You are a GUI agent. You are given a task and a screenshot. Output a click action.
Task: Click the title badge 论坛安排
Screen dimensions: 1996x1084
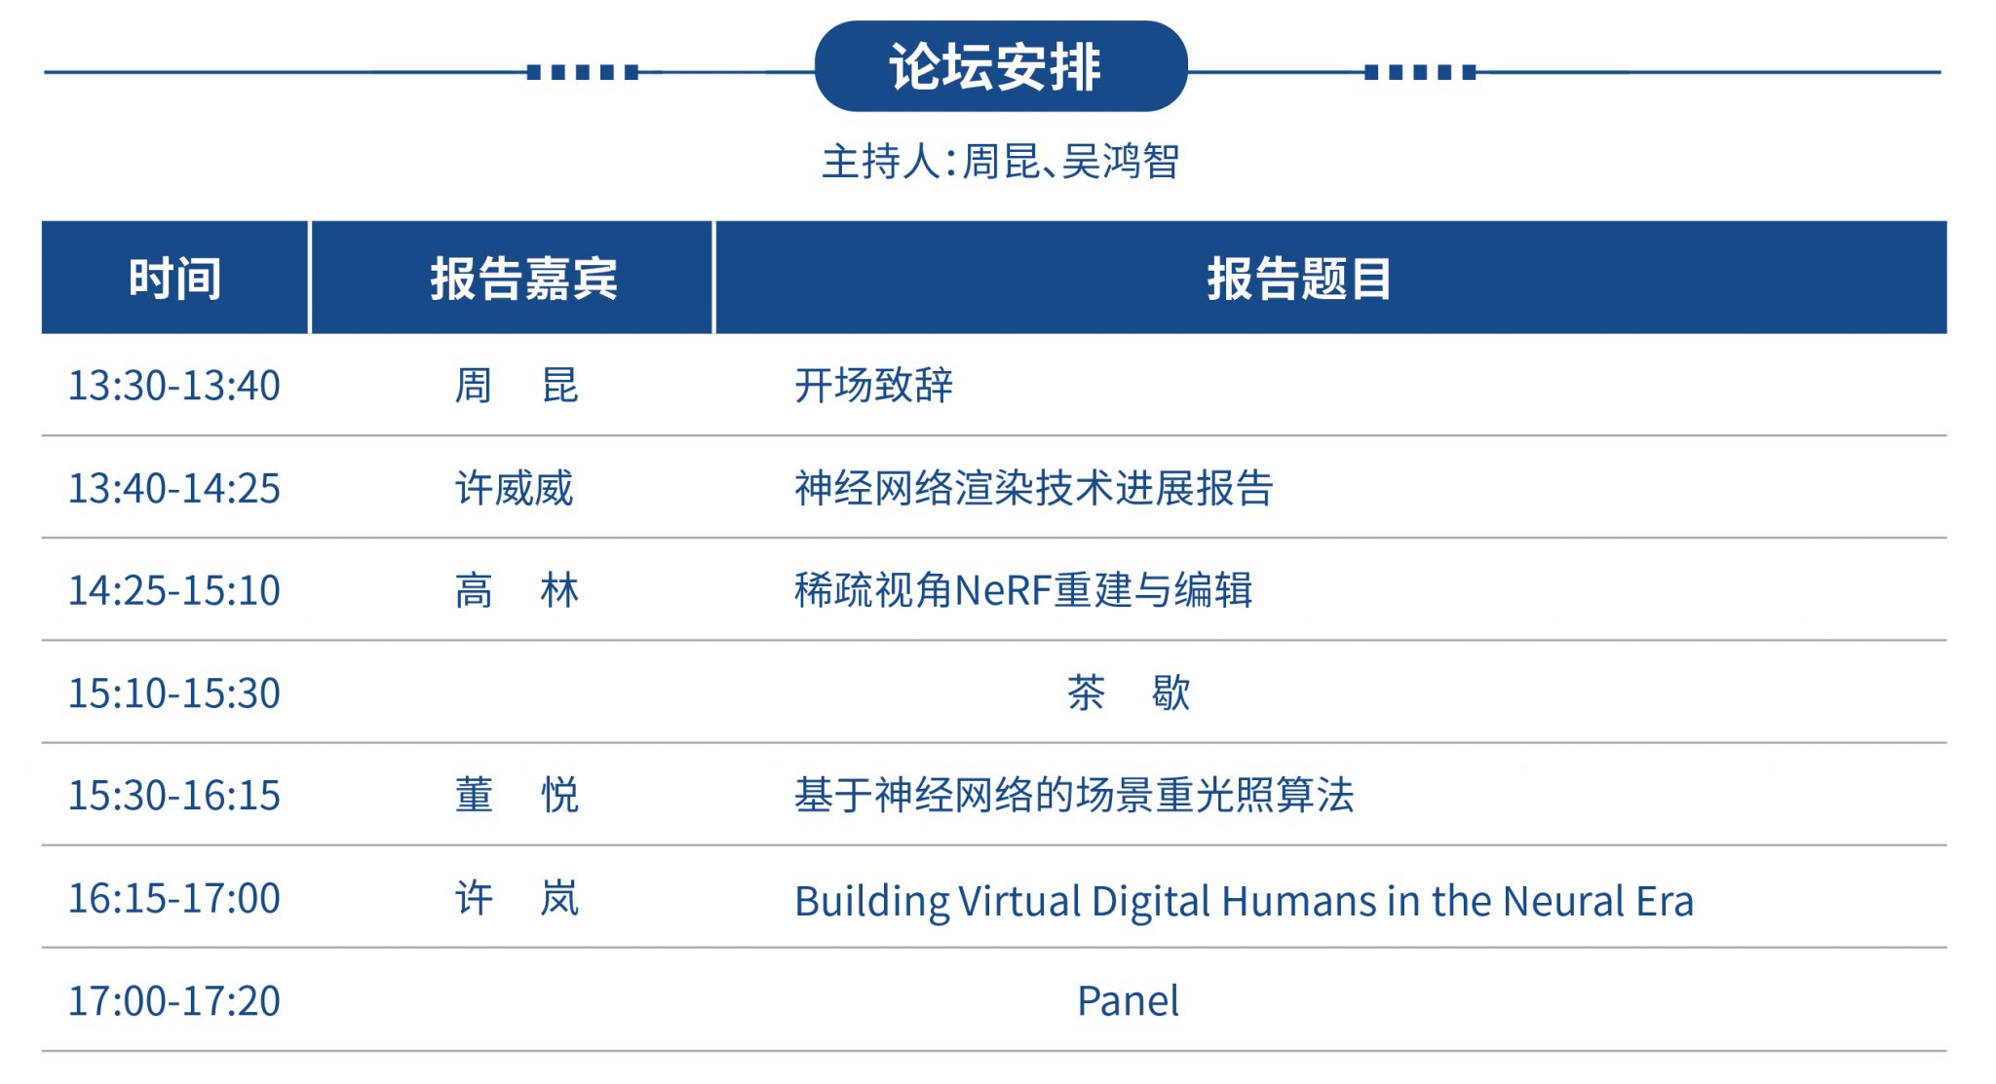tap(1001, 66)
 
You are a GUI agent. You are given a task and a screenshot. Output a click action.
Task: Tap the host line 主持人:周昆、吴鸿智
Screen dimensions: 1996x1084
tap(1001, 162)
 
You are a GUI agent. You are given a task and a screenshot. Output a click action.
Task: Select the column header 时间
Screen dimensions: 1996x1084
tap(175, 279)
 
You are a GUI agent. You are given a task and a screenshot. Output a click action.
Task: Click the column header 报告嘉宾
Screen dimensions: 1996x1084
tap(523, 279)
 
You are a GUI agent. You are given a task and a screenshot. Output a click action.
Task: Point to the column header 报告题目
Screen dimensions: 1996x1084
tap(1299, 279)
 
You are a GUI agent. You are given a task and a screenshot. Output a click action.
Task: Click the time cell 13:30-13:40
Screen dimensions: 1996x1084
tap(174, 386)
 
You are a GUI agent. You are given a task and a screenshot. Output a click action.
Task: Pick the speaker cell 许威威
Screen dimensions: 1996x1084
tap(515, 488)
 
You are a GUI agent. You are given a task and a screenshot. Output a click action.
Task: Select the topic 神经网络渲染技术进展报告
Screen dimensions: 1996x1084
tap(1034, 488)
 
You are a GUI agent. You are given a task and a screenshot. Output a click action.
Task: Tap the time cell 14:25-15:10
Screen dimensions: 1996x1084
tap(174, 590)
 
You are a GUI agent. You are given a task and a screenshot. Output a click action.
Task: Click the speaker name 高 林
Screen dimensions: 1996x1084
tap(517, 590)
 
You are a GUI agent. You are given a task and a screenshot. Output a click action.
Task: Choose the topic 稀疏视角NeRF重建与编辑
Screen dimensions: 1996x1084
tap(1023, 590)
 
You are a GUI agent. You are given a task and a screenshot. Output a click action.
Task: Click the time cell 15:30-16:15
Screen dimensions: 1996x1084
tap(174, 796)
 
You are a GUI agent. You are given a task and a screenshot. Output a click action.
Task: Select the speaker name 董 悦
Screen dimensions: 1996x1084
tap(517, 796)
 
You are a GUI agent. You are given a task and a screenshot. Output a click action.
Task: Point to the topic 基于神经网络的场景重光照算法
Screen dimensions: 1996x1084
tap(1074, 796)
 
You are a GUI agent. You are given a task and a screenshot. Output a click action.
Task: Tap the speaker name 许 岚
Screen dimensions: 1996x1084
tap(517, 898)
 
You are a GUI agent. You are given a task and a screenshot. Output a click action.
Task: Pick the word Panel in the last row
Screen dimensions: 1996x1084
tap(1129, 1001)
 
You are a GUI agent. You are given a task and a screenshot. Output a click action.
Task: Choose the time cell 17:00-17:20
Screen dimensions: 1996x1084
tap(174, 1001)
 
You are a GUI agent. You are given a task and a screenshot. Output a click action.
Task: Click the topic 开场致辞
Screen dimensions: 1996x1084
tap(873, 386)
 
